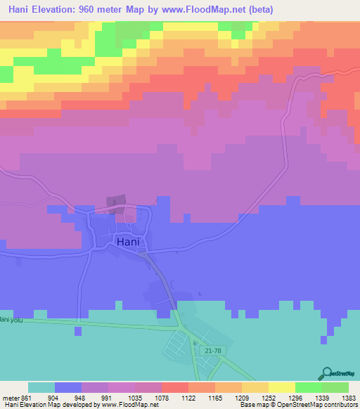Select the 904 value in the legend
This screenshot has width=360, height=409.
point(54,397)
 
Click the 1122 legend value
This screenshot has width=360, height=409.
point(188,397)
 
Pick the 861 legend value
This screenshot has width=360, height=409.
point(27,397)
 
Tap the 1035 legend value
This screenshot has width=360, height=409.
point(134,397)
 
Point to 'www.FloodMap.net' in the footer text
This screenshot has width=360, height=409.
point(122,405)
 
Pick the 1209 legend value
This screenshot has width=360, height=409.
point(241,397)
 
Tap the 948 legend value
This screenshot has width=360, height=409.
point(81,397)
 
